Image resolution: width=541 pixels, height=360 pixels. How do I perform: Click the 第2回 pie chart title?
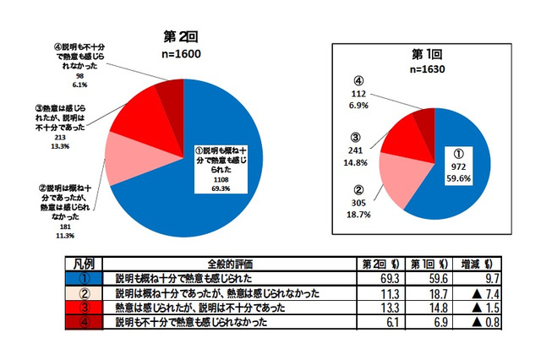coord(180,37)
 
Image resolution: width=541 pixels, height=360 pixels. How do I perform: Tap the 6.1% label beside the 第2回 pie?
coord(83,85)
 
